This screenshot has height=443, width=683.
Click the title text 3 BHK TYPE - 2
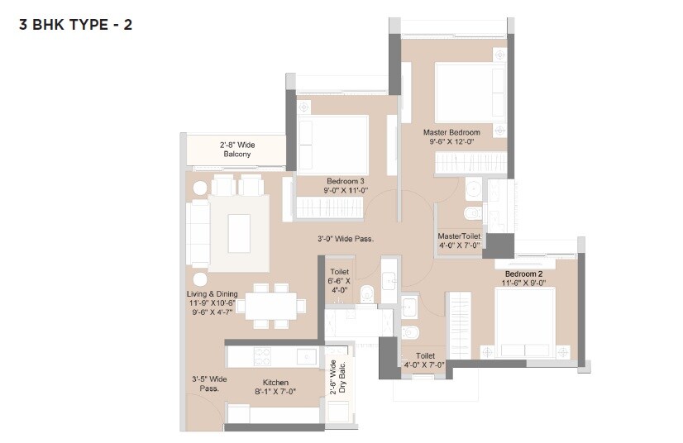point(75,24)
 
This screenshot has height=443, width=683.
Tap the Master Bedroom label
point(451,132)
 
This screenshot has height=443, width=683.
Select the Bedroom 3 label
point(346,180)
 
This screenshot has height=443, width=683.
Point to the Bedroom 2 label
point(523,274)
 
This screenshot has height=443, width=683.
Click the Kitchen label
point(275,383)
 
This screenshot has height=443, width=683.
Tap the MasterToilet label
point(459,236)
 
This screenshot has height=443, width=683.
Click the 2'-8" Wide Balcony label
point(236,149)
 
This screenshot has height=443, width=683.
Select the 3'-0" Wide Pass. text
point(346,239)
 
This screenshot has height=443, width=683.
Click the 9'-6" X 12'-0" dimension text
point(451,142)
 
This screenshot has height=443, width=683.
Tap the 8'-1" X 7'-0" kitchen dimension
point(275,393)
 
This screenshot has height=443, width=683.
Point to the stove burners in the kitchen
point(261,356)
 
